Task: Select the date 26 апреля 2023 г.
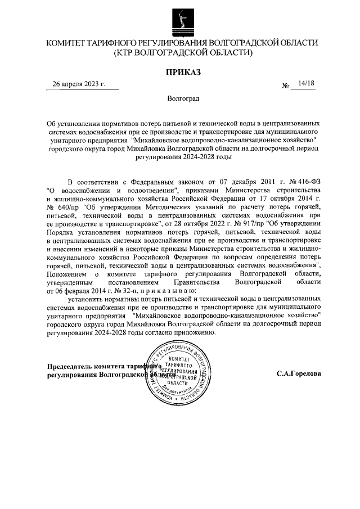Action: click(x=79, y=84)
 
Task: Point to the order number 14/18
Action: click(x=307, y=83)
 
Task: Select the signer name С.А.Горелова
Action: click(x=299, y=373)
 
